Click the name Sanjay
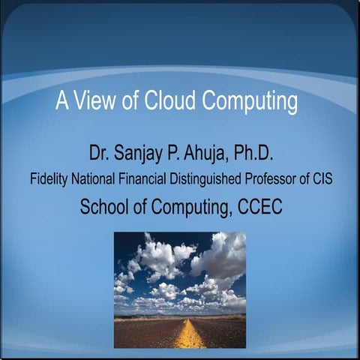tap(143, 155)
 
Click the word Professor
tap(279, 180)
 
